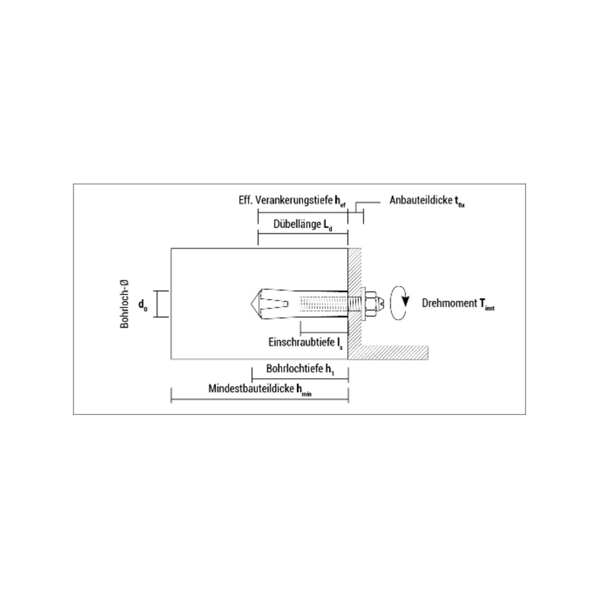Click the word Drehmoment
[x=449, y=303]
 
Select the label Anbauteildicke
[x=420, y=200]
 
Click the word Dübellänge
[x=297, y=224]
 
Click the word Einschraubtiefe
[x=302, y=343]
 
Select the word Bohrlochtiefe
[x=295, y=369]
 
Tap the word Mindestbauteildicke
[x=252, y=388]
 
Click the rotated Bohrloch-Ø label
[x=125, y=304]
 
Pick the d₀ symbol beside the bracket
[x=143, y=305]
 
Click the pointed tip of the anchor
[x=251, y=304]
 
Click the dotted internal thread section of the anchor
[x=323, y=304]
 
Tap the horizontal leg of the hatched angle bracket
[x=394, y=353]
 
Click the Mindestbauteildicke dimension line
[x=260, y=400]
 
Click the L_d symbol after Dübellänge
[x=328, y=225]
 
